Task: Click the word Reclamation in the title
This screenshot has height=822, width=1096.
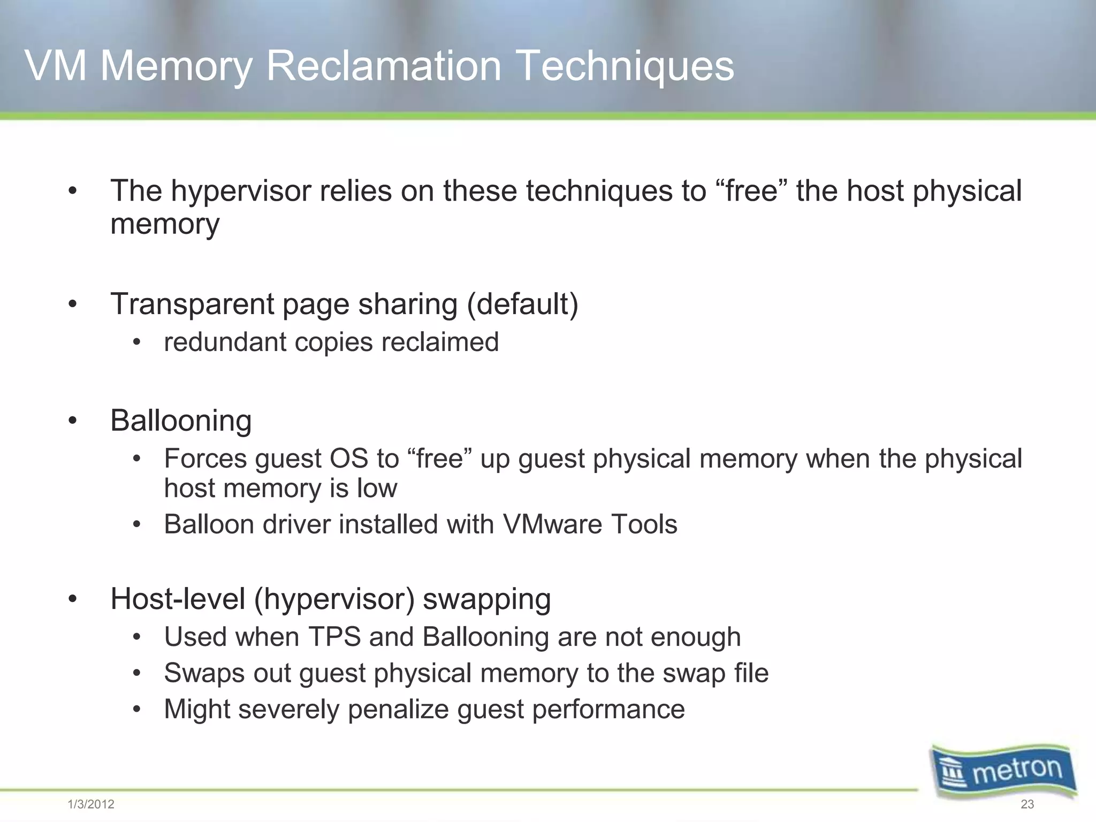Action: [x=383, y=66]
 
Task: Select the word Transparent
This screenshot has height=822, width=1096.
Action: [x=192, y=304]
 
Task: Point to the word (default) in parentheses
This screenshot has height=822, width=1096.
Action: [x=522, y=304]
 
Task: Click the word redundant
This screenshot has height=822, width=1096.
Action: [x=225, y=342]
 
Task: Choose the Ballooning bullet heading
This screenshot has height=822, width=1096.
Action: [x=181, y=421]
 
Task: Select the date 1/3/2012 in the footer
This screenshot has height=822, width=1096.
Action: [x=91, y=804]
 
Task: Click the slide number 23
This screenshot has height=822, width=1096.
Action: [x=1027, y=804]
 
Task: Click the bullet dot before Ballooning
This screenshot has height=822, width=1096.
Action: [x=73, y=421]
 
